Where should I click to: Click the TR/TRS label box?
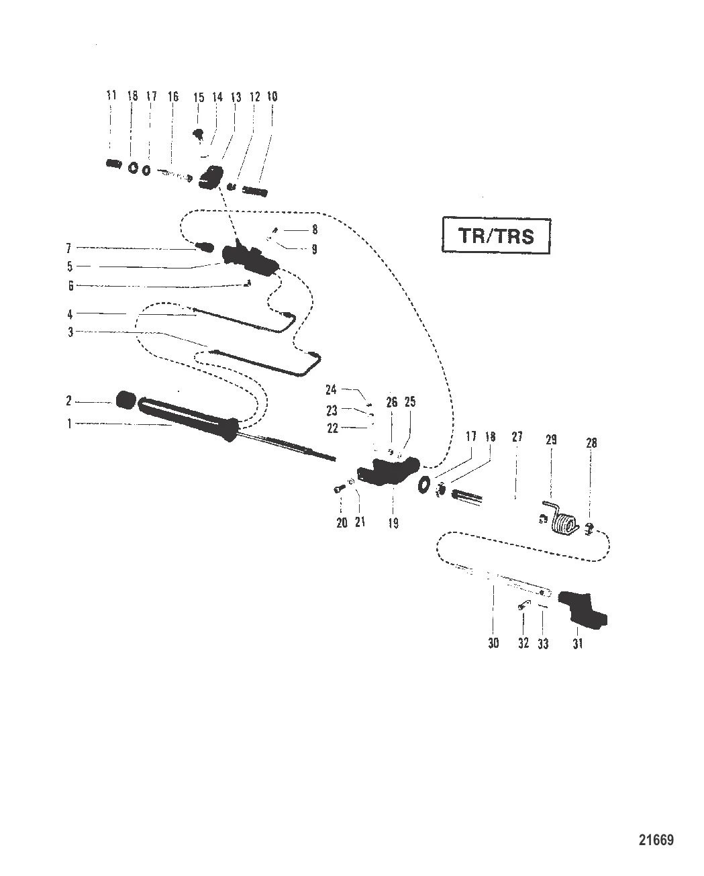[495, 236]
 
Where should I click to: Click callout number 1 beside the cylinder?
[69, 424]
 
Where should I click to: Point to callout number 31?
[578, 643]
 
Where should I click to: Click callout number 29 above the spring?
[551, 440]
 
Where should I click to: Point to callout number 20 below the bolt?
[342, 523]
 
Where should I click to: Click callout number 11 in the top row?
[111, 97]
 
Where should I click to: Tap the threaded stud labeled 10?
[254, 192]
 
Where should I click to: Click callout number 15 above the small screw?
[199, 98]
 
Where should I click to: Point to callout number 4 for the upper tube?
[69, 313]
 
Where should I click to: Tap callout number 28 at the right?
[591, 443]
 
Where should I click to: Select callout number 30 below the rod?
[493, 643]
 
